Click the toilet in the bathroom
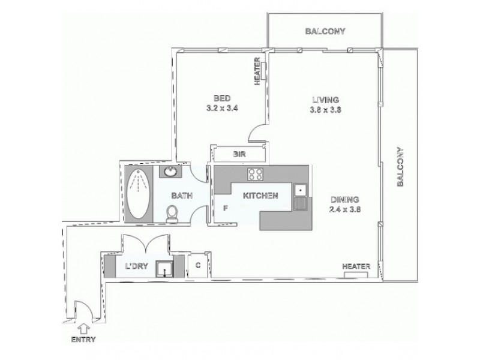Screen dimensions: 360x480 coord(172,213)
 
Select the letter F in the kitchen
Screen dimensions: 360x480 coord(226,208)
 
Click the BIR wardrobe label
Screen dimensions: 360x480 coord(239,155)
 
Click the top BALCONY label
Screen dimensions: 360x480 coord(324,31)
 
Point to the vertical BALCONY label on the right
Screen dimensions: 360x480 coord(400,167)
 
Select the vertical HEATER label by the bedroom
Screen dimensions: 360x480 coord(257,71)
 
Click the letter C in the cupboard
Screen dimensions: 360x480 coord(197,265)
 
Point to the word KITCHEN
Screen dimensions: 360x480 coord(260,195)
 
